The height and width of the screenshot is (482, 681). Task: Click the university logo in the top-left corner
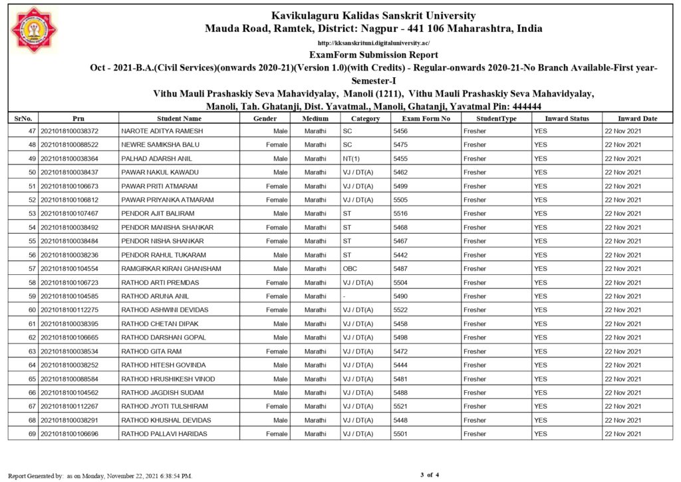(x=34, y=30)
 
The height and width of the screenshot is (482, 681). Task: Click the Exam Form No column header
(x=426, y=119)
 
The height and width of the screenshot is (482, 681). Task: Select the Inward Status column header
(x=567, y=119)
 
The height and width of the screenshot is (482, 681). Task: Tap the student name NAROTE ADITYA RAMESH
(x=162, y=131)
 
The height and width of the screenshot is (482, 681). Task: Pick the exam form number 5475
(x=400, y=144)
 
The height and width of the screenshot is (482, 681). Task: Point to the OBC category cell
(x=350, y=268)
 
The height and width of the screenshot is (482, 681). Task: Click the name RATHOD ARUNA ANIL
(x=155, y=296)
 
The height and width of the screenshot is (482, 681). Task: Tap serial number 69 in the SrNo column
(x=31, y=434)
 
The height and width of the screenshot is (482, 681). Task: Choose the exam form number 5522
(x=400, y=310)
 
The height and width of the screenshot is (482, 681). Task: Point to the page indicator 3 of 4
(x=430, y=475)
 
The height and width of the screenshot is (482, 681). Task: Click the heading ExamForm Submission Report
(x=373, y=55)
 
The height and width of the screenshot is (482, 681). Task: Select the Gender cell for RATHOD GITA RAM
(x=277, y=351)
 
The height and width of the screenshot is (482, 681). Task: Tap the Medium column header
(x=315, y=119)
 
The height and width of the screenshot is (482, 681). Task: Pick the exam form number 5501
(x=400, y=434)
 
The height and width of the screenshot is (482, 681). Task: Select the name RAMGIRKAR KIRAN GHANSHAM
(x=171, y=268)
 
